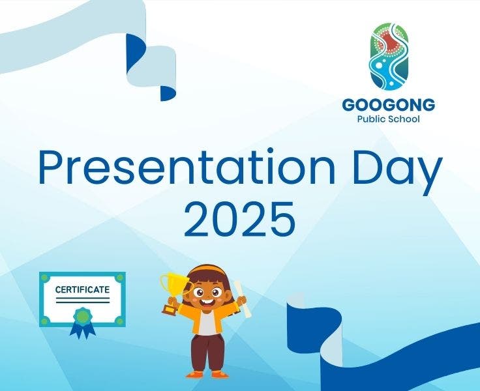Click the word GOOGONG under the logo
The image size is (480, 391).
pos(388,104)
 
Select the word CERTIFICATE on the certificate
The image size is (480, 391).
pos(82,289)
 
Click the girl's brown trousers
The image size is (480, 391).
pos(207,352)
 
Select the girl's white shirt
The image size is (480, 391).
pos(207,323)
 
